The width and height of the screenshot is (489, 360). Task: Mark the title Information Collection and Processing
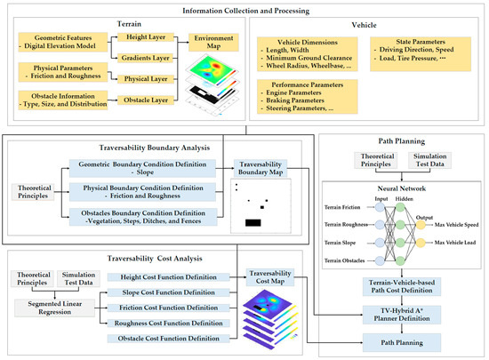244,10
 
